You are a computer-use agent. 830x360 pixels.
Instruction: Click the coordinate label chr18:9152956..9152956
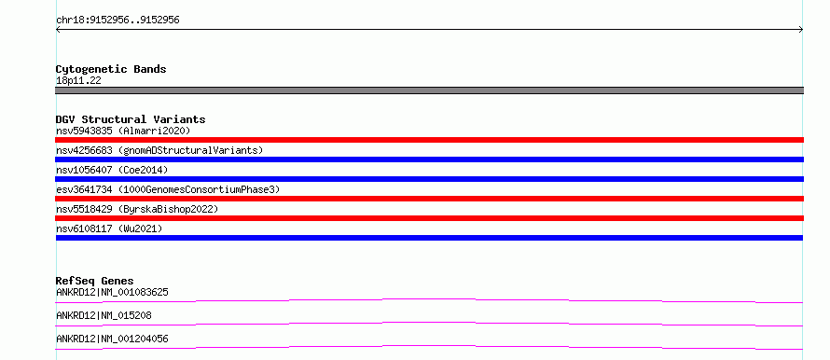(118, 21)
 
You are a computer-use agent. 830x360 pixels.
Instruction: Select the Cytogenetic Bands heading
(111, 69)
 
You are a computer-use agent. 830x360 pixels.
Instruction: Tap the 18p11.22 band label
(78, 81)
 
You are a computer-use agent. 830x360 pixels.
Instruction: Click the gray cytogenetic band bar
(429, 90)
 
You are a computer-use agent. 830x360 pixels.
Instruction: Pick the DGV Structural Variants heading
(131, 119)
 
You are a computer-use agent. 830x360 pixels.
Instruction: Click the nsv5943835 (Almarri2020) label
(123, 131)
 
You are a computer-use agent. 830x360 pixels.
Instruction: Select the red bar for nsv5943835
(429, 140)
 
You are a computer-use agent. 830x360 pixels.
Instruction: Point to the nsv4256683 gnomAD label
(159, 150)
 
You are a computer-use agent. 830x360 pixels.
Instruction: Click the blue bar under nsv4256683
(429, 159)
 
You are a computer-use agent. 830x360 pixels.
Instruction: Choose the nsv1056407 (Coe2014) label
(112, 170)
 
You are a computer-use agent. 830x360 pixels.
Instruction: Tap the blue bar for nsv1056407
(429, 179)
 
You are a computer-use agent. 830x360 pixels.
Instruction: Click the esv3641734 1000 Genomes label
(168, 189)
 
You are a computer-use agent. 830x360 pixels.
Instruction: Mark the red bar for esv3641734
(429, 199)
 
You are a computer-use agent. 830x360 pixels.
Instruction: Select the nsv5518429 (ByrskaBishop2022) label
(137, 209)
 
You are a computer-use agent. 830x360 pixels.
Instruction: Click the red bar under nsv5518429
(429, 218)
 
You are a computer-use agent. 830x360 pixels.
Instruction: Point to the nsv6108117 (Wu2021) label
(109, 228)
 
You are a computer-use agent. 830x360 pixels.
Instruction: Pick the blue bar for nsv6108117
(429, 238)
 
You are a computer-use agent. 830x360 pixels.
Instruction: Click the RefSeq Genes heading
(95, 281)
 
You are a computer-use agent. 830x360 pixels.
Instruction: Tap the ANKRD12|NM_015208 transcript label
(104, 315)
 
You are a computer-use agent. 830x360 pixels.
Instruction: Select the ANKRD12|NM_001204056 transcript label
(112, 339)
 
